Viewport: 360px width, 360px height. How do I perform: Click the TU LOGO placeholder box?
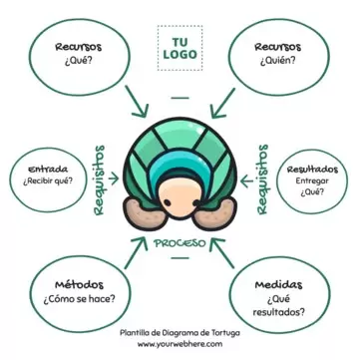[x=180, y=48]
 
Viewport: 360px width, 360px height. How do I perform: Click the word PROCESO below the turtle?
[x=180, y=242]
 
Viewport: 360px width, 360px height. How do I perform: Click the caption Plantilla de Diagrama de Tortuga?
[x=180, y=333]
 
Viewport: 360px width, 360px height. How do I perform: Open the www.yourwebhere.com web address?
[x=180, y=345]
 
